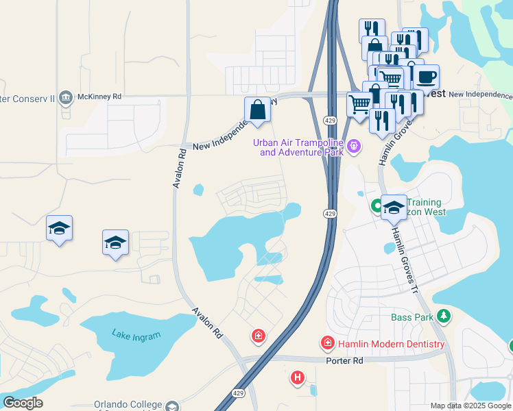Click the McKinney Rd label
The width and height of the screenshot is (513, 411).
coord(98,97)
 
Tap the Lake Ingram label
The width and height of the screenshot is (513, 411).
coord(137,335)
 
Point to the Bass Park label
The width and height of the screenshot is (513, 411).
coord(412,317)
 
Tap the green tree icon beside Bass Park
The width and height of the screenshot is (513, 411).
coord(444,316)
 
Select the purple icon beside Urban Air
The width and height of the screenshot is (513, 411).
coord(353,145)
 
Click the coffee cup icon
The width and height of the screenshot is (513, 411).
coord(426,76)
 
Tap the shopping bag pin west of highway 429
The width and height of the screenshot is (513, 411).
coord(257,110)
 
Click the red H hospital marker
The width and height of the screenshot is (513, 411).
coord(298,377)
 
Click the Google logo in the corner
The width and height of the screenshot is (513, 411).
coord(23,403)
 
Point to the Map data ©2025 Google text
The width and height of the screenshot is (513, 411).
coord(470,406)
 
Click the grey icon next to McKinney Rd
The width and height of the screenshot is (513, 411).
coord(66,97)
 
